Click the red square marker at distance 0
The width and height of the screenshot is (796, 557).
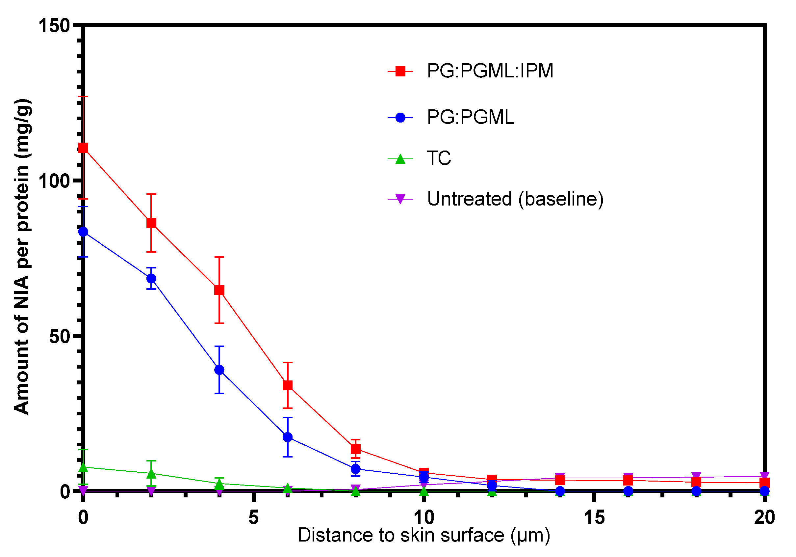[83, 148]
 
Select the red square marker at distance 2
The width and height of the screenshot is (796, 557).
[151, 223]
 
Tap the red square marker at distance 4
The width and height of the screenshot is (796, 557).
[219, 291]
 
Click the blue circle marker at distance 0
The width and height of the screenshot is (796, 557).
[83, 232]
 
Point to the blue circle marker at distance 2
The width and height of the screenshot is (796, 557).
[151, 279]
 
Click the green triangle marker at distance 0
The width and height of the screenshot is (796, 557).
[83, 467]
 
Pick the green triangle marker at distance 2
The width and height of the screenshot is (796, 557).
[151, 474]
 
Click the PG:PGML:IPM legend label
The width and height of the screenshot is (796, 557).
[490, 71]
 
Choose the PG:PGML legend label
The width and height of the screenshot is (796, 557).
[471, 117]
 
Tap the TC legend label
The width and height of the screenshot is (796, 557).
[439, 158]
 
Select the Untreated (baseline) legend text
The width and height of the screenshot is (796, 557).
[516, 199]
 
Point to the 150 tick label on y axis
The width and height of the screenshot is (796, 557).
[54, 26]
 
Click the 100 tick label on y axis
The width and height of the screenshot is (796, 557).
[54, 181]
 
